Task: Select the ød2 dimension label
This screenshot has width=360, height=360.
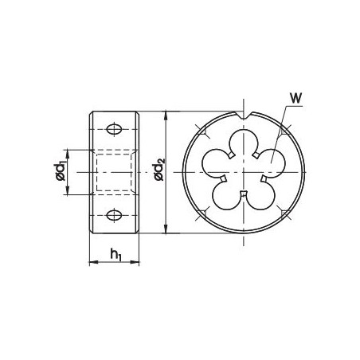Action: pos(158,168)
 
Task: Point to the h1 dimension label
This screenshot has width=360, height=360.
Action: pos(116,255)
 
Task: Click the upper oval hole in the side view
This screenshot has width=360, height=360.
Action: pos(115,128)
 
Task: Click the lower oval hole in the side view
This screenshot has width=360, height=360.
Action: pos(115,213)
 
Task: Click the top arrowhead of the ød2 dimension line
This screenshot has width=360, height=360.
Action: pos(164,114)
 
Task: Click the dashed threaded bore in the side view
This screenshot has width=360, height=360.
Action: pos(115,170)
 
